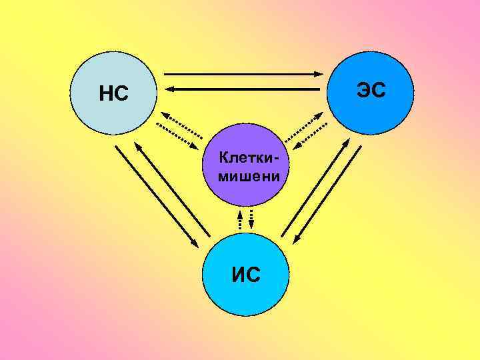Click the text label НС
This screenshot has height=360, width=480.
(113, 94)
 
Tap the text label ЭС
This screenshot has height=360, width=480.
(371, 89)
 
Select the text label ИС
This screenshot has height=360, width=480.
(246, 273)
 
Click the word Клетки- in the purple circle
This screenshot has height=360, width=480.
(246, 159)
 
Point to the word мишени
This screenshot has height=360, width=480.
(246, 177)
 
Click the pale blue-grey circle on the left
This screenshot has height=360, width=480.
(100, 73)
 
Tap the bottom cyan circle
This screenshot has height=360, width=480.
(246, 293)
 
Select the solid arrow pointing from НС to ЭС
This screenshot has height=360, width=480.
(244, 73)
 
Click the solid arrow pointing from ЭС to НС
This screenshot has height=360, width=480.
(244, 88)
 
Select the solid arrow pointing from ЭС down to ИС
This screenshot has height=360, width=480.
(327, 193)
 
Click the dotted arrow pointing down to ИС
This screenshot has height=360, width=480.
(251, 219)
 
